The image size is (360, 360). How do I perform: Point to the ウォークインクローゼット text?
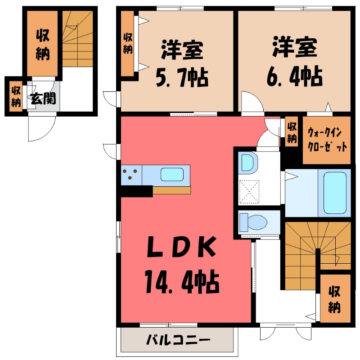327,140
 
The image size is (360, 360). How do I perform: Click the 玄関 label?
43,98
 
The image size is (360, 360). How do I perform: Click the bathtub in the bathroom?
335,193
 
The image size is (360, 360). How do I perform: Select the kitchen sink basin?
172,175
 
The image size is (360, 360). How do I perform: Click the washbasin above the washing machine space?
247,162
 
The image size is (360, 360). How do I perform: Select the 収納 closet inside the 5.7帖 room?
128,43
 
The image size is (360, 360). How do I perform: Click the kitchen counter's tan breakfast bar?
171,190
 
